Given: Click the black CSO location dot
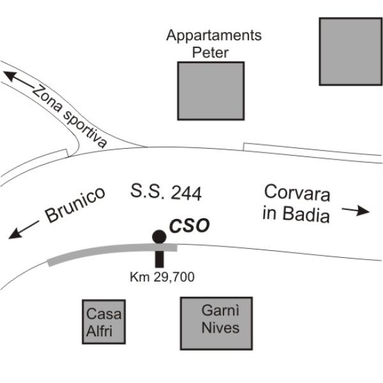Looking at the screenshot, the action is [x=159, y=237].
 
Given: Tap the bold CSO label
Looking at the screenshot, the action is [x=190, y=226].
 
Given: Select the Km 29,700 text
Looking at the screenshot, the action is [x=162, y=277].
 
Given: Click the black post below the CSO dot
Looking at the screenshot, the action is [x=159, y=259].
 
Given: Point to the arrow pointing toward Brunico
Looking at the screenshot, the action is [x=24, y=230].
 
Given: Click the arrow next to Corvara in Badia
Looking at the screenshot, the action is [x=356, y=210].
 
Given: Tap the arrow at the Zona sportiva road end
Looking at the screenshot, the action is [x=19, y=79].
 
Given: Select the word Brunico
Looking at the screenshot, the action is [x=75, y=205].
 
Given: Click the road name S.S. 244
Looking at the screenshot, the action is [x=166, y=193].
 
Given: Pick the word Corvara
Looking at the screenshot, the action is [x=297, y=193].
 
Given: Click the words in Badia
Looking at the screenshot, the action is [x=296, y=214].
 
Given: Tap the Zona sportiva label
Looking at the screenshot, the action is [x=70, y=117].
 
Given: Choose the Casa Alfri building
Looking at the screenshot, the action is [x=104, y=322].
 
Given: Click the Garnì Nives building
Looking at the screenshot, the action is [x=216, y=324].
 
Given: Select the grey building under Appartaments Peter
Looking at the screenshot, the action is [x=211, y=91].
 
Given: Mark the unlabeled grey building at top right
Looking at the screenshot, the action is [x=350, y=52].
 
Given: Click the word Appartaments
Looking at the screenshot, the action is [x=214, y=36].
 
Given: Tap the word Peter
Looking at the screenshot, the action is [x=210, y=52].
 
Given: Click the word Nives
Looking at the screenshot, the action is [x=221, y=328].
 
